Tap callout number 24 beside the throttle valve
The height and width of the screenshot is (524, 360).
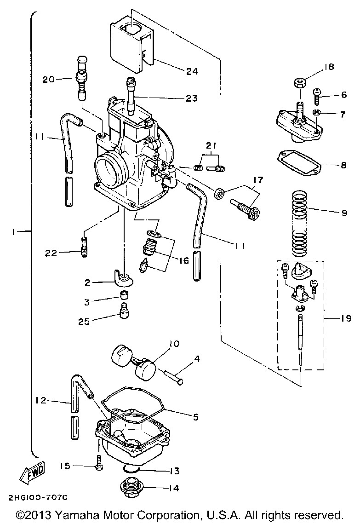192,71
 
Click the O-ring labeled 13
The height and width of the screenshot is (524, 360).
130,469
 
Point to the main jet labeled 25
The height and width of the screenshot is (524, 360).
124,311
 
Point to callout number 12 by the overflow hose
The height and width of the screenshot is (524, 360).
41,400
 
